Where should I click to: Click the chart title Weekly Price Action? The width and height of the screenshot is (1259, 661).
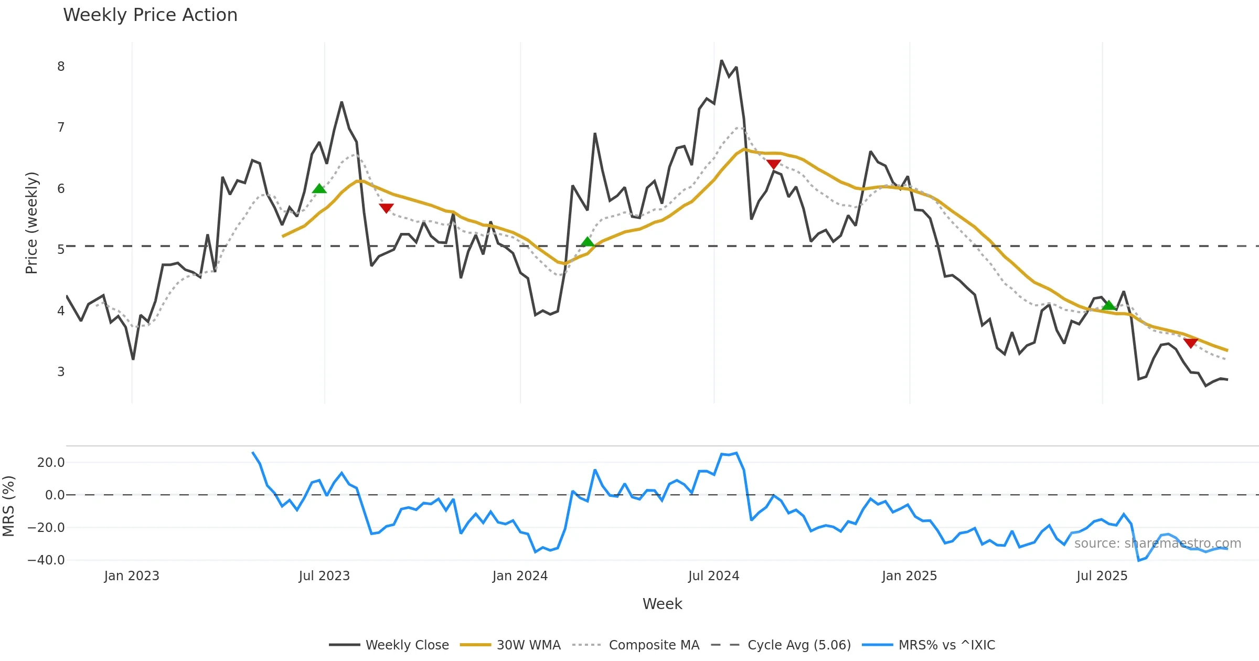click(150, 15)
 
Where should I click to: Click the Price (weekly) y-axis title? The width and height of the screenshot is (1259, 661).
click(31, 223)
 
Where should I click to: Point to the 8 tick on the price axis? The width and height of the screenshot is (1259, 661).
click(61, 67)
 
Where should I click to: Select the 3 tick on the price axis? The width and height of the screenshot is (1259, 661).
click(61, 372)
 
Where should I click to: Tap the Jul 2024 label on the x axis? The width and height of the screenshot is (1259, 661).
click(713, 576)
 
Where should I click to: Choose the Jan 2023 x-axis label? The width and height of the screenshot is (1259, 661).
click(131, 576)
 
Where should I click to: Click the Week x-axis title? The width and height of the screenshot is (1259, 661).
click(662, 604)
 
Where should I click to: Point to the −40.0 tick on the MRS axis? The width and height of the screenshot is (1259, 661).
click(46, 560)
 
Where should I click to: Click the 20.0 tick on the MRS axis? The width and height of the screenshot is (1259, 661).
click(50, 463)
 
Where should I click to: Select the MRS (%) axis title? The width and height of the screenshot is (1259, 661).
click(8, 506)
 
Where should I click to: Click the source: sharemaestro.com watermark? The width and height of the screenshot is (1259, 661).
click(1157, 543)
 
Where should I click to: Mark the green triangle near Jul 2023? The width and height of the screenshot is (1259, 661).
click(319, 189)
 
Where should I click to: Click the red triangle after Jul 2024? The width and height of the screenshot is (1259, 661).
click(774, 164)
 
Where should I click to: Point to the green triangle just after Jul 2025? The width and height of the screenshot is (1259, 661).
click(1108, 305)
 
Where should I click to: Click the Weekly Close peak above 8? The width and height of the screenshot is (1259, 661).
click(721, 61)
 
